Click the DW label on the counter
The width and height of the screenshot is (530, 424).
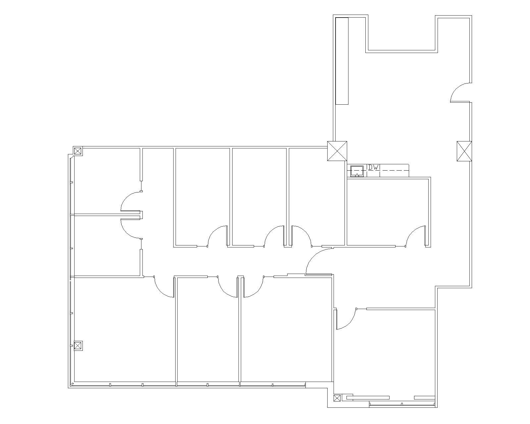coord(374,168)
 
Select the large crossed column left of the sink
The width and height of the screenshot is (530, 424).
coord(337,151)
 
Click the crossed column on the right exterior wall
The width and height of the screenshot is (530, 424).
coord(464,151)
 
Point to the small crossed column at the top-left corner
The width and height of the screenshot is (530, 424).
coord(78,151)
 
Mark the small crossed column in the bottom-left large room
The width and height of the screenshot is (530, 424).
coord(78,346)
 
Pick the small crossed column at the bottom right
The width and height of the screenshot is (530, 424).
coord(337,398)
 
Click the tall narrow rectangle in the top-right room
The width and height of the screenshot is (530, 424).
coord(342,61)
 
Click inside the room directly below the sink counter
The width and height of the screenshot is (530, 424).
coord(388,212)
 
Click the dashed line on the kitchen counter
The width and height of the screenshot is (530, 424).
coord(394,170)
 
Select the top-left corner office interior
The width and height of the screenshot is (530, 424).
coord(106,181)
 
